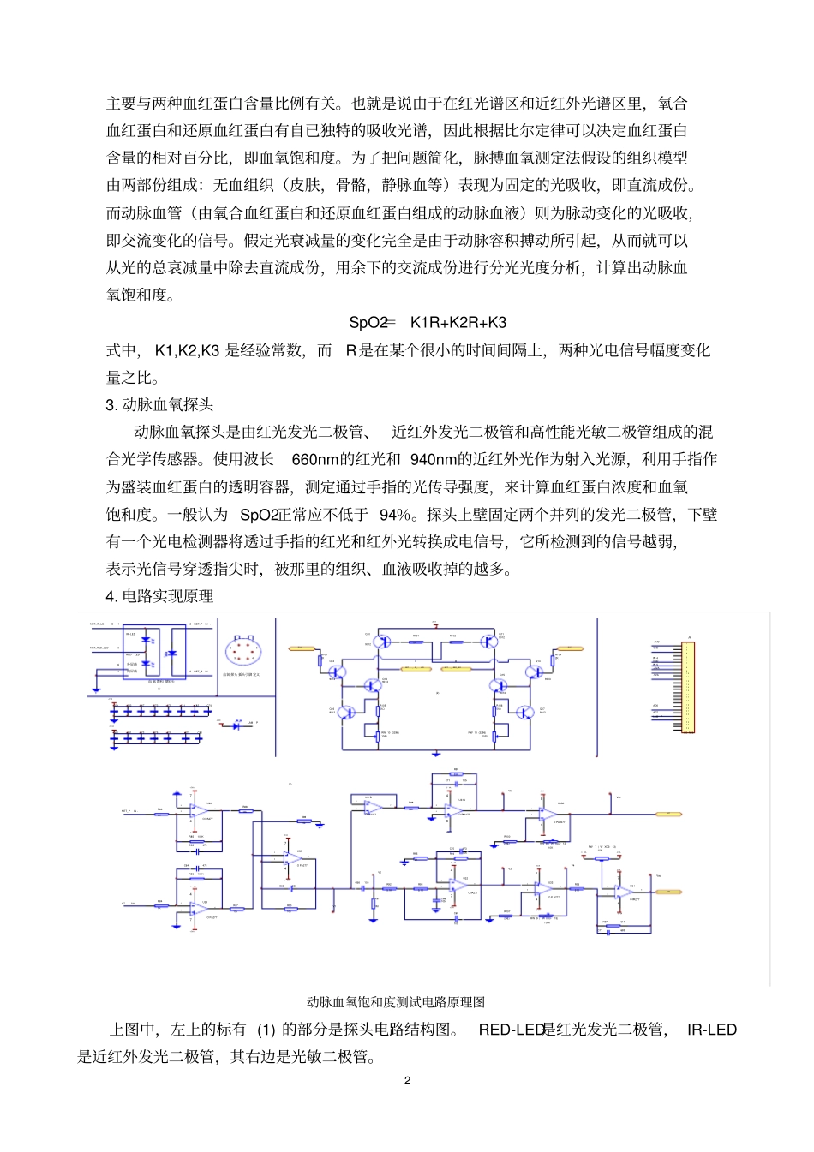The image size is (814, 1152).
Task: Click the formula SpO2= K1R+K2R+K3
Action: tap(427, 323)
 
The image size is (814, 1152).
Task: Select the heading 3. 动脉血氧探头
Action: tap(159, 405)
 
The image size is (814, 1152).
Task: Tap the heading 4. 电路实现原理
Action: tap(159, 596)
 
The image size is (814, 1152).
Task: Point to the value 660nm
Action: tap(315, 460)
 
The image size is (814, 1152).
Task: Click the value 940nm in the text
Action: tap(434, 460)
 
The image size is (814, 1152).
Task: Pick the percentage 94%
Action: tap(396, 515)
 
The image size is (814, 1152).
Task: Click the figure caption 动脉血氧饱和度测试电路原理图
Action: tap(396, 1002)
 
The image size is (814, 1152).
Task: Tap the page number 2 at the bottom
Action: tap(407, 1081)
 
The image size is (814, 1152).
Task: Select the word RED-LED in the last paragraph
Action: tap(512, 1030)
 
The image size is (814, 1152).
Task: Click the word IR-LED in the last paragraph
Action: tap(711, 1030)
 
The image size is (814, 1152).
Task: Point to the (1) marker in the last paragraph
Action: tap(266, 1030)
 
